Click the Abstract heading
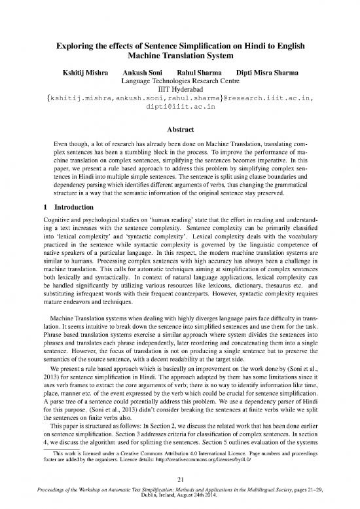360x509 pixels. tap(180, 130)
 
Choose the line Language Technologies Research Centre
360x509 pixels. tap(180, 81)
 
